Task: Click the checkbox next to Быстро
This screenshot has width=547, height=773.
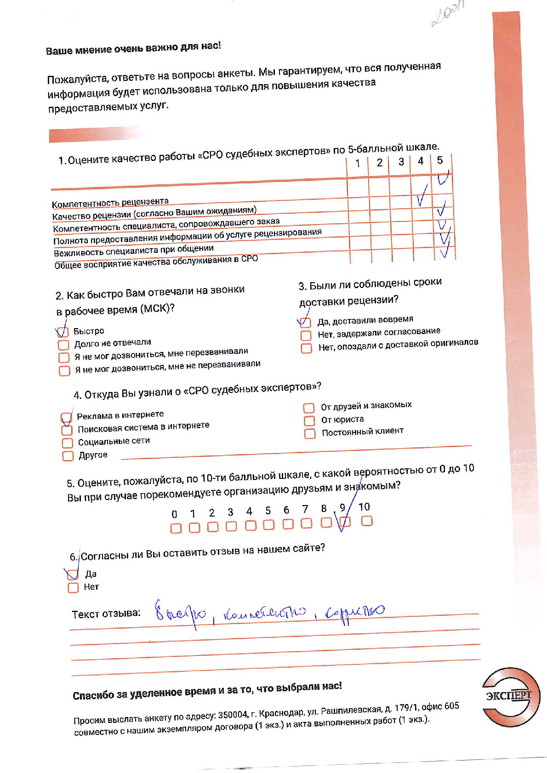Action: point(63,332)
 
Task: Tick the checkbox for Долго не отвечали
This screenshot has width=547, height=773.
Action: point(63,345)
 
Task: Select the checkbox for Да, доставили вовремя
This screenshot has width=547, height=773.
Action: point(305,323)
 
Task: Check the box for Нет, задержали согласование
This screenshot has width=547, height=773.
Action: point(306,335)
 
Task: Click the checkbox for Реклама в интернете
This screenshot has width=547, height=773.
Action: point(67,418)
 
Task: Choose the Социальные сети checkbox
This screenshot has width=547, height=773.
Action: point(68,443)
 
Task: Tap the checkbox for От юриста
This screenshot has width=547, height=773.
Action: point(309,421)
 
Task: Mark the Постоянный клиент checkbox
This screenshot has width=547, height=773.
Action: point(310,433)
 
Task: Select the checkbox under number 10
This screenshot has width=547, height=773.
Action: point(366,521)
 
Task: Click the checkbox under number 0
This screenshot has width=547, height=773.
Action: point(176,529)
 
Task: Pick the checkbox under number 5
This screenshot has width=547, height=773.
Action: point(268,524)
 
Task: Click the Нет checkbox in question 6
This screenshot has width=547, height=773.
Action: point(73,588)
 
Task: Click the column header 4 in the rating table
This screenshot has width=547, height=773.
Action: point(421,161)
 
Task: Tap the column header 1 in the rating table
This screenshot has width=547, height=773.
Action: point(358,163)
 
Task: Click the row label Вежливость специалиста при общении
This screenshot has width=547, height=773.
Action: point(134,250)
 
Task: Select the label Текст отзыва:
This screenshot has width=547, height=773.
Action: point(106,614)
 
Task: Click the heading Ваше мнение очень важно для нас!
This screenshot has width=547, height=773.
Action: point(133,48)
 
